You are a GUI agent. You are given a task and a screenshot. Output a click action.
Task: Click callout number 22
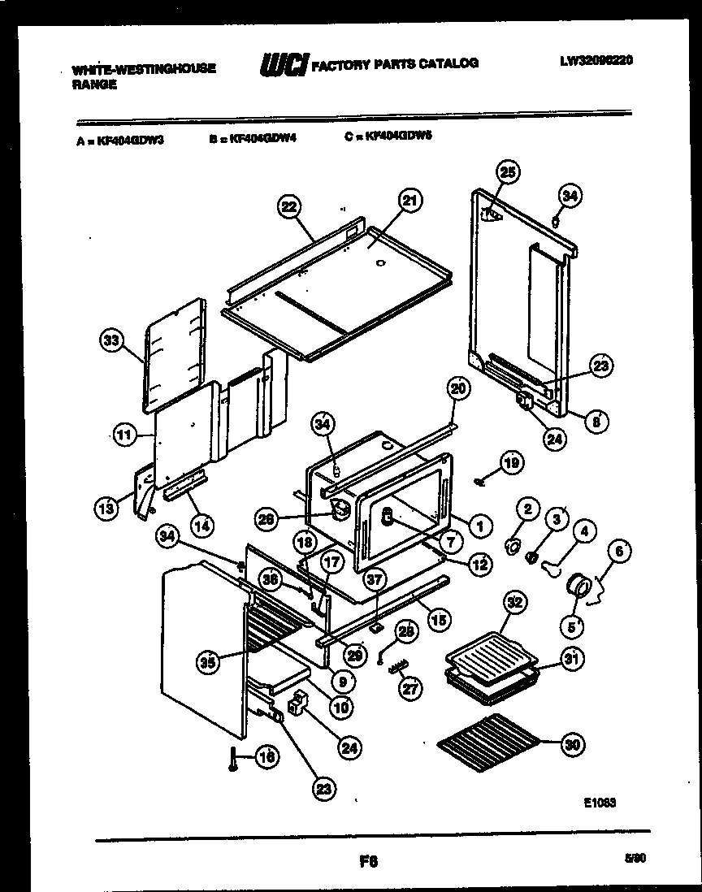click(x=287, y=207)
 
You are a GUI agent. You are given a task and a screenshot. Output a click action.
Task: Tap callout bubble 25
click(x=507, y=172)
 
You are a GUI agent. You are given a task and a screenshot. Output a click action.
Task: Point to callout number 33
click(x=111, y=341)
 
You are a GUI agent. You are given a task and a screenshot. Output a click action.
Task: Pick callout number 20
click(x=457, y=389)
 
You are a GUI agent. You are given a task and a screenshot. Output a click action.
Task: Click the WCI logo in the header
click(x=282, y=64)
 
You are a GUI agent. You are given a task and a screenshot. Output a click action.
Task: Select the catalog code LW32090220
click(x=596, y=60)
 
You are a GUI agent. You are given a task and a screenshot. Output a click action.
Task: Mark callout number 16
click(x=266, y=756)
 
